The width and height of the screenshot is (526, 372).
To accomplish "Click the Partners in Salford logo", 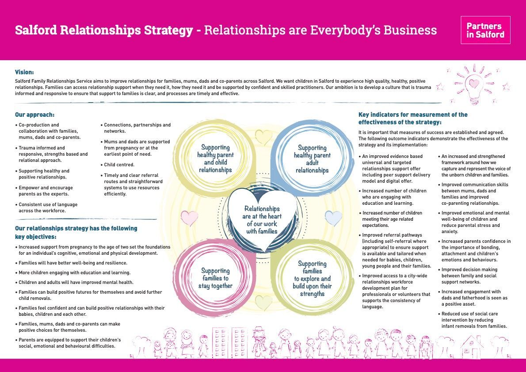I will click(x=485, y=30).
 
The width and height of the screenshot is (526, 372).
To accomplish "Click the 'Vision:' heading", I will click(x=24, y=72).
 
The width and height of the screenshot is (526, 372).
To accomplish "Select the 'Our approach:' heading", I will click(x=34, y=115).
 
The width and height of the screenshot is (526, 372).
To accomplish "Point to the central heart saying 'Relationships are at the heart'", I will click(x=262, y=219).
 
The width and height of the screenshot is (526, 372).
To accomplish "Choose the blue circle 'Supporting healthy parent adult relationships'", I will click(x=312, y=159).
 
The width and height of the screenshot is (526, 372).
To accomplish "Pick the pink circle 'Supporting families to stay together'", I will click(x=215, y=278).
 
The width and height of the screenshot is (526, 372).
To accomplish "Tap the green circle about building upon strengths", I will click(x=312, y=279).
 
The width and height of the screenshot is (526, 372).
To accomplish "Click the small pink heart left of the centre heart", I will click(x=190, y=218).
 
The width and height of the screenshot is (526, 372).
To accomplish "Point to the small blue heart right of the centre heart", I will click(x=333, y=218).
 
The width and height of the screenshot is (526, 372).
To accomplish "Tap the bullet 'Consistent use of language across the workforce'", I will click(x=48, y=207).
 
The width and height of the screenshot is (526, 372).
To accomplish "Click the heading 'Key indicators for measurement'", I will click(x=413, y=115).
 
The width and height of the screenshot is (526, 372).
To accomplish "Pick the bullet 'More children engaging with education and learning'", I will click(x=74, y=272).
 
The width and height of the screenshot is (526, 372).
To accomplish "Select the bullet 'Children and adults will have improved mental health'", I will click(x=76, y=282).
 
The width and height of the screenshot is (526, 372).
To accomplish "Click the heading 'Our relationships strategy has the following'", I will click(x=76, y=228).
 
